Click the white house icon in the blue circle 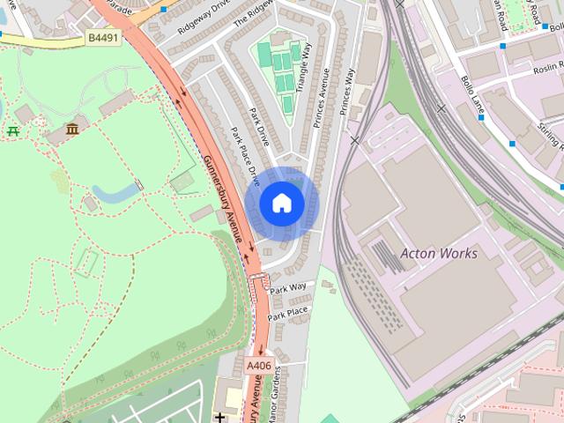tap(282, 203)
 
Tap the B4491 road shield tap(103, 38)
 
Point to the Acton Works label tap(439, 254)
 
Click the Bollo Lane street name tap(471, 94)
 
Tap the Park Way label tap(289, 288)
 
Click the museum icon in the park tap(71, 130)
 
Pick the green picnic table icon tap(12, 131)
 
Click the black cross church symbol tap(219, 415)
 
